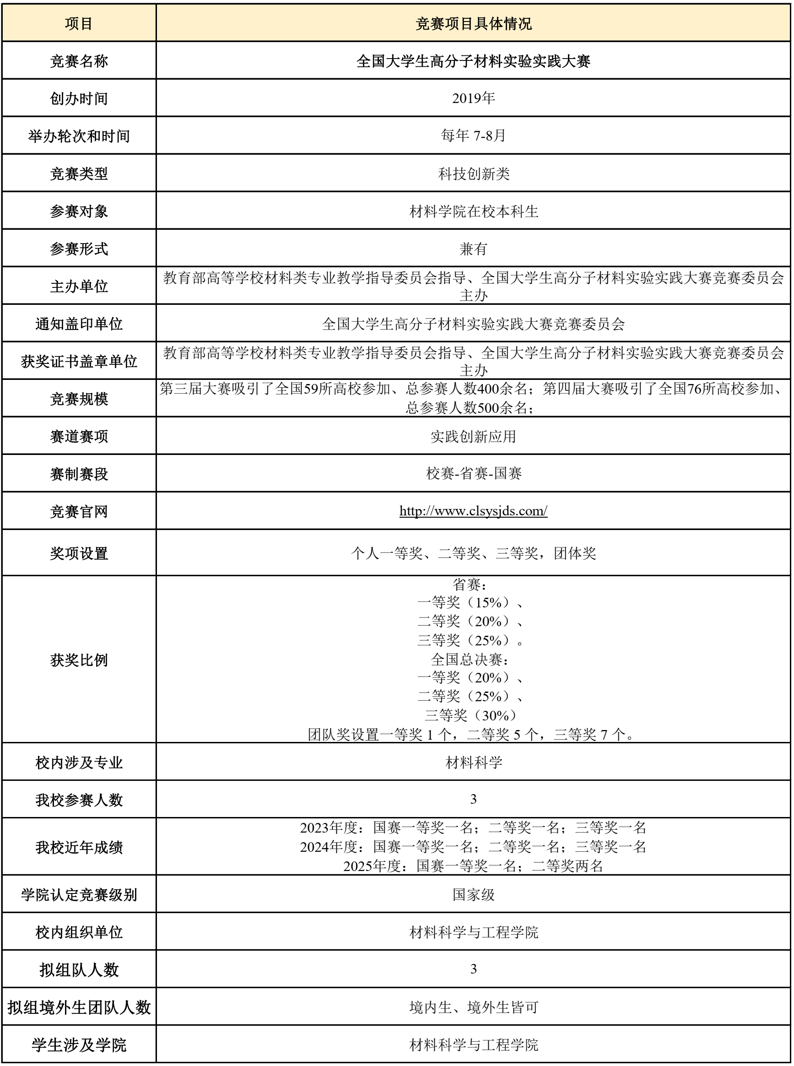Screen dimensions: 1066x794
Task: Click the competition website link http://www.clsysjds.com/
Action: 473,510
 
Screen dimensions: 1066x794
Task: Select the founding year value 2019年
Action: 473,98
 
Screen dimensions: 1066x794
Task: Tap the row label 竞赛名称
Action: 79,61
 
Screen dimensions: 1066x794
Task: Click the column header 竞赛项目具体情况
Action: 473,23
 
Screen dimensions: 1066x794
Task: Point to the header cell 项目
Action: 79,23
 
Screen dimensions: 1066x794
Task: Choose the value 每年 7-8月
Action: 473,135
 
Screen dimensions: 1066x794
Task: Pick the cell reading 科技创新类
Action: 473,173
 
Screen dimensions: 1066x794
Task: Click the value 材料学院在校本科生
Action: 473,211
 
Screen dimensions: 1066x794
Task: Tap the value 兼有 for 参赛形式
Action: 473,249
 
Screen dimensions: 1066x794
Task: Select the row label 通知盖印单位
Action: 79,324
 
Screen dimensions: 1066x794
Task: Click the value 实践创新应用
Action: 473,436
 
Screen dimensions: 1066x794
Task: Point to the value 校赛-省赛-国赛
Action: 473,474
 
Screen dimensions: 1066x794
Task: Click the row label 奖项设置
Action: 79,553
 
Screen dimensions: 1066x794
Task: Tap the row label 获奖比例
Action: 79,660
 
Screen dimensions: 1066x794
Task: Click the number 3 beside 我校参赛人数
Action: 473,799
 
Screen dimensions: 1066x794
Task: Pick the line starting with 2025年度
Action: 473,866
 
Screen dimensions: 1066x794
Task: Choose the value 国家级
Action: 473,894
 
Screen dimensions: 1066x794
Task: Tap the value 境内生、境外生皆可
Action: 473,1007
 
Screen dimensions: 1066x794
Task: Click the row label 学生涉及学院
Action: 79,1044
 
